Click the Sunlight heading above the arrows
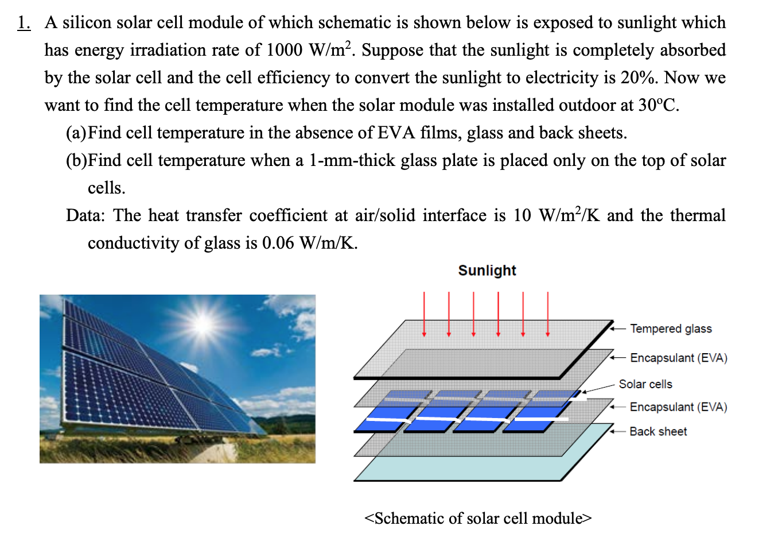pyautogui.click(x=487, y=270)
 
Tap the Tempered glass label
pyautogui.click(x=670, y=328)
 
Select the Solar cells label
pyautogui.click(x=645, y=384)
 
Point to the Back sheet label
pyautogui.click(x=658, y=431)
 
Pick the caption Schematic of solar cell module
pyautogui.click(x=478, y=518)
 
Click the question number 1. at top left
pyautogui.click(x=24, y=22)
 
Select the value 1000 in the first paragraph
pyautogui.click(x=284, y=50)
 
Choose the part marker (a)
pyautogui.click(x=76, y=133)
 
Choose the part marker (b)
pyautogui.click(x=76, y=160)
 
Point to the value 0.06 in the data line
pyautogui.click(x=278, y=243)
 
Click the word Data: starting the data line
pyautogui.click(x=85, y=215)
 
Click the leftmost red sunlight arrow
pyautogui.click(x=424, y=314)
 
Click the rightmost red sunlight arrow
pyautogui.click(x=547, y=314)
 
